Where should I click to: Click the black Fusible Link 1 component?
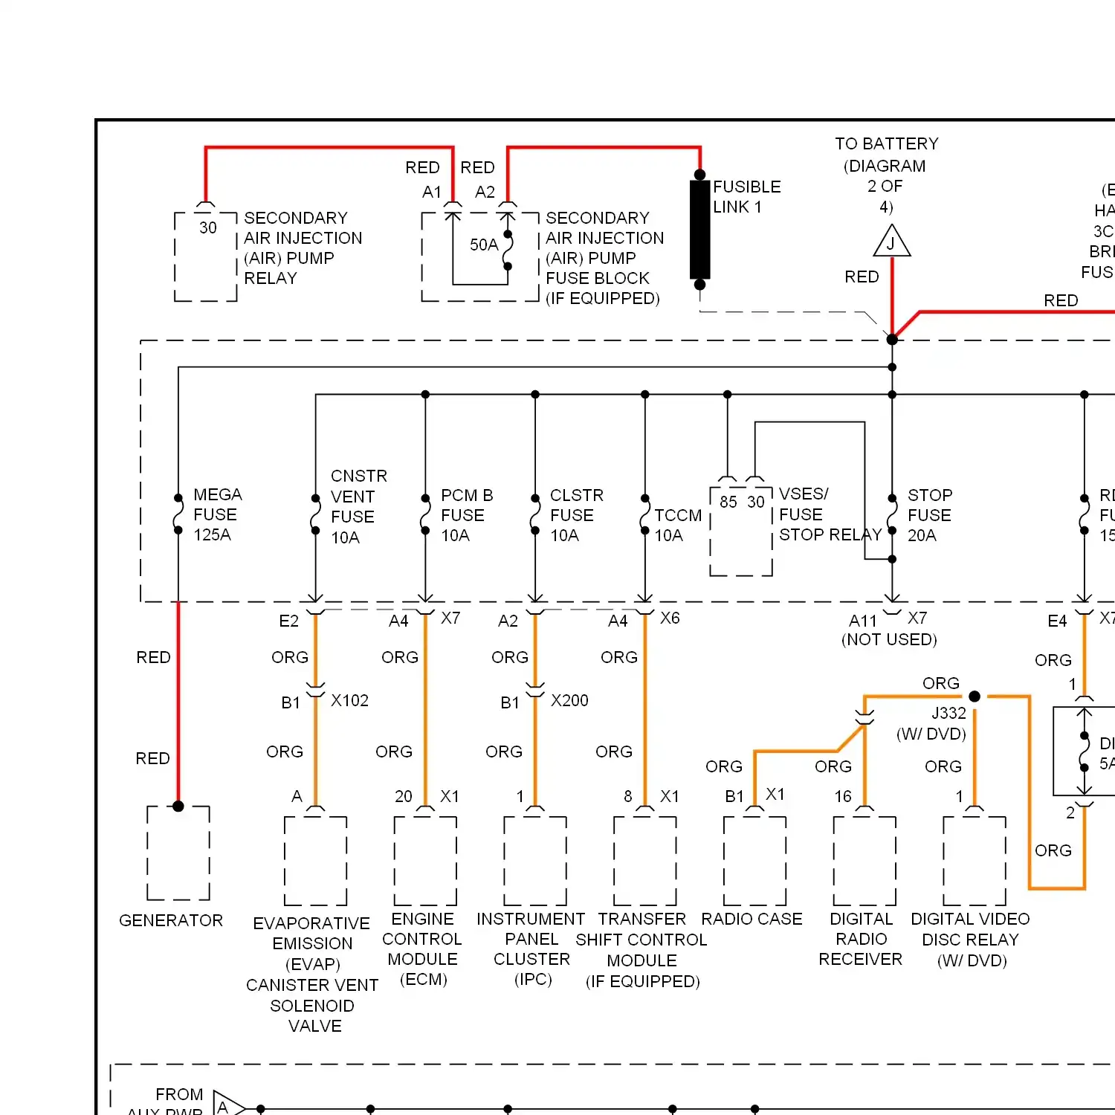coord(699,229)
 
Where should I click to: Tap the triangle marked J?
coord(892,242)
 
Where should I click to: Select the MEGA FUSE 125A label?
coord(217,514)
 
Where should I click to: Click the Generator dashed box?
coord(178,853)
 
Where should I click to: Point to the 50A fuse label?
coord(483,245)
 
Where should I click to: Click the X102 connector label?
coord(349,700)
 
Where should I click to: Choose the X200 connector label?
coord(569,700)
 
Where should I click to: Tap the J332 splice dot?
coord(975,697)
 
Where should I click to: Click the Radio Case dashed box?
coord(754,861)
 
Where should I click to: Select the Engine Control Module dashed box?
coord(425,861)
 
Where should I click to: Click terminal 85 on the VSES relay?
coord(728,502)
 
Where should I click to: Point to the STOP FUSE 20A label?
coord(928,514)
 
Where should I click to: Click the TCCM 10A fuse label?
coord(677,525)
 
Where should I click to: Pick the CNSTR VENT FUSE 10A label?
coord(358,506)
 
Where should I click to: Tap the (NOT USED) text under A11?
coord(889,639)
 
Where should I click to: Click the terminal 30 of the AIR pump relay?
coord(208,227)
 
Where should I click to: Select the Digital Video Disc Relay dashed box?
coord(975,861)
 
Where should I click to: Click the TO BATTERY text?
coord(886,143)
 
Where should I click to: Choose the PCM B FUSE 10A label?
coord(466,514)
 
